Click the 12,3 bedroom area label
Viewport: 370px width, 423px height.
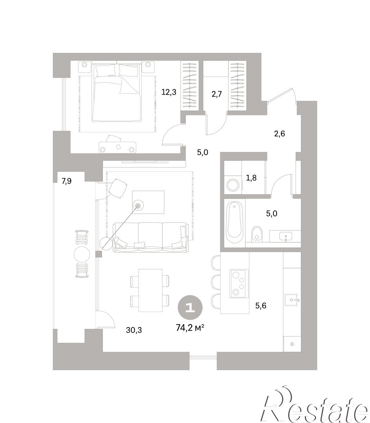click(x=169, y=92)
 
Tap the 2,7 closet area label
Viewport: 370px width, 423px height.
click(x=217, y=94)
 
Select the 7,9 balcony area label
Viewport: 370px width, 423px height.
click(x=67, y=181)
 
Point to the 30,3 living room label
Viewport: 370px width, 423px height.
click(x=134, y=330)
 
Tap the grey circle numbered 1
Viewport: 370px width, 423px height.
click(x=190, y=308)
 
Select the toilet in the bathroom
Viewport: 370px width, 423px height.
click(x=257, y=234)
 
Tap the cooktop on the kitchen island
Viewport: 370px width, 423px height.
click(x=239, y=283)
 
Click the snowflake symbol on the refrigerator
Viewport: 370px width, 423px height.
click(x=292, y=344)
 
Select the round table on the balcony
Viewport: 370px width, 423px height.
click(x=82, y=255)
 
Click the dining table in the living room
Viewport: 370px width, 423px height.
click(x=150, y=290)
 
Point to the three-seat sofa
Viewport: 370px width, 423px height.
click(x=151, y=238)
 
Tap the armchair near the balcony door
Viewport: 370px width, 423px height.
click(x=117, y=188)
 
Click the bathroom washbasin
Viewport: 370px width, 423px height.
click(x=286, y=237)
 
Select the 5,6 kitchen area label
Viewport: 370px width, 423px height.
click(x=261, y=306)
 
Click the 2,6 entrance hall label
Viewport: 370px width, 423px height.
click(x=279, y=134)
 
